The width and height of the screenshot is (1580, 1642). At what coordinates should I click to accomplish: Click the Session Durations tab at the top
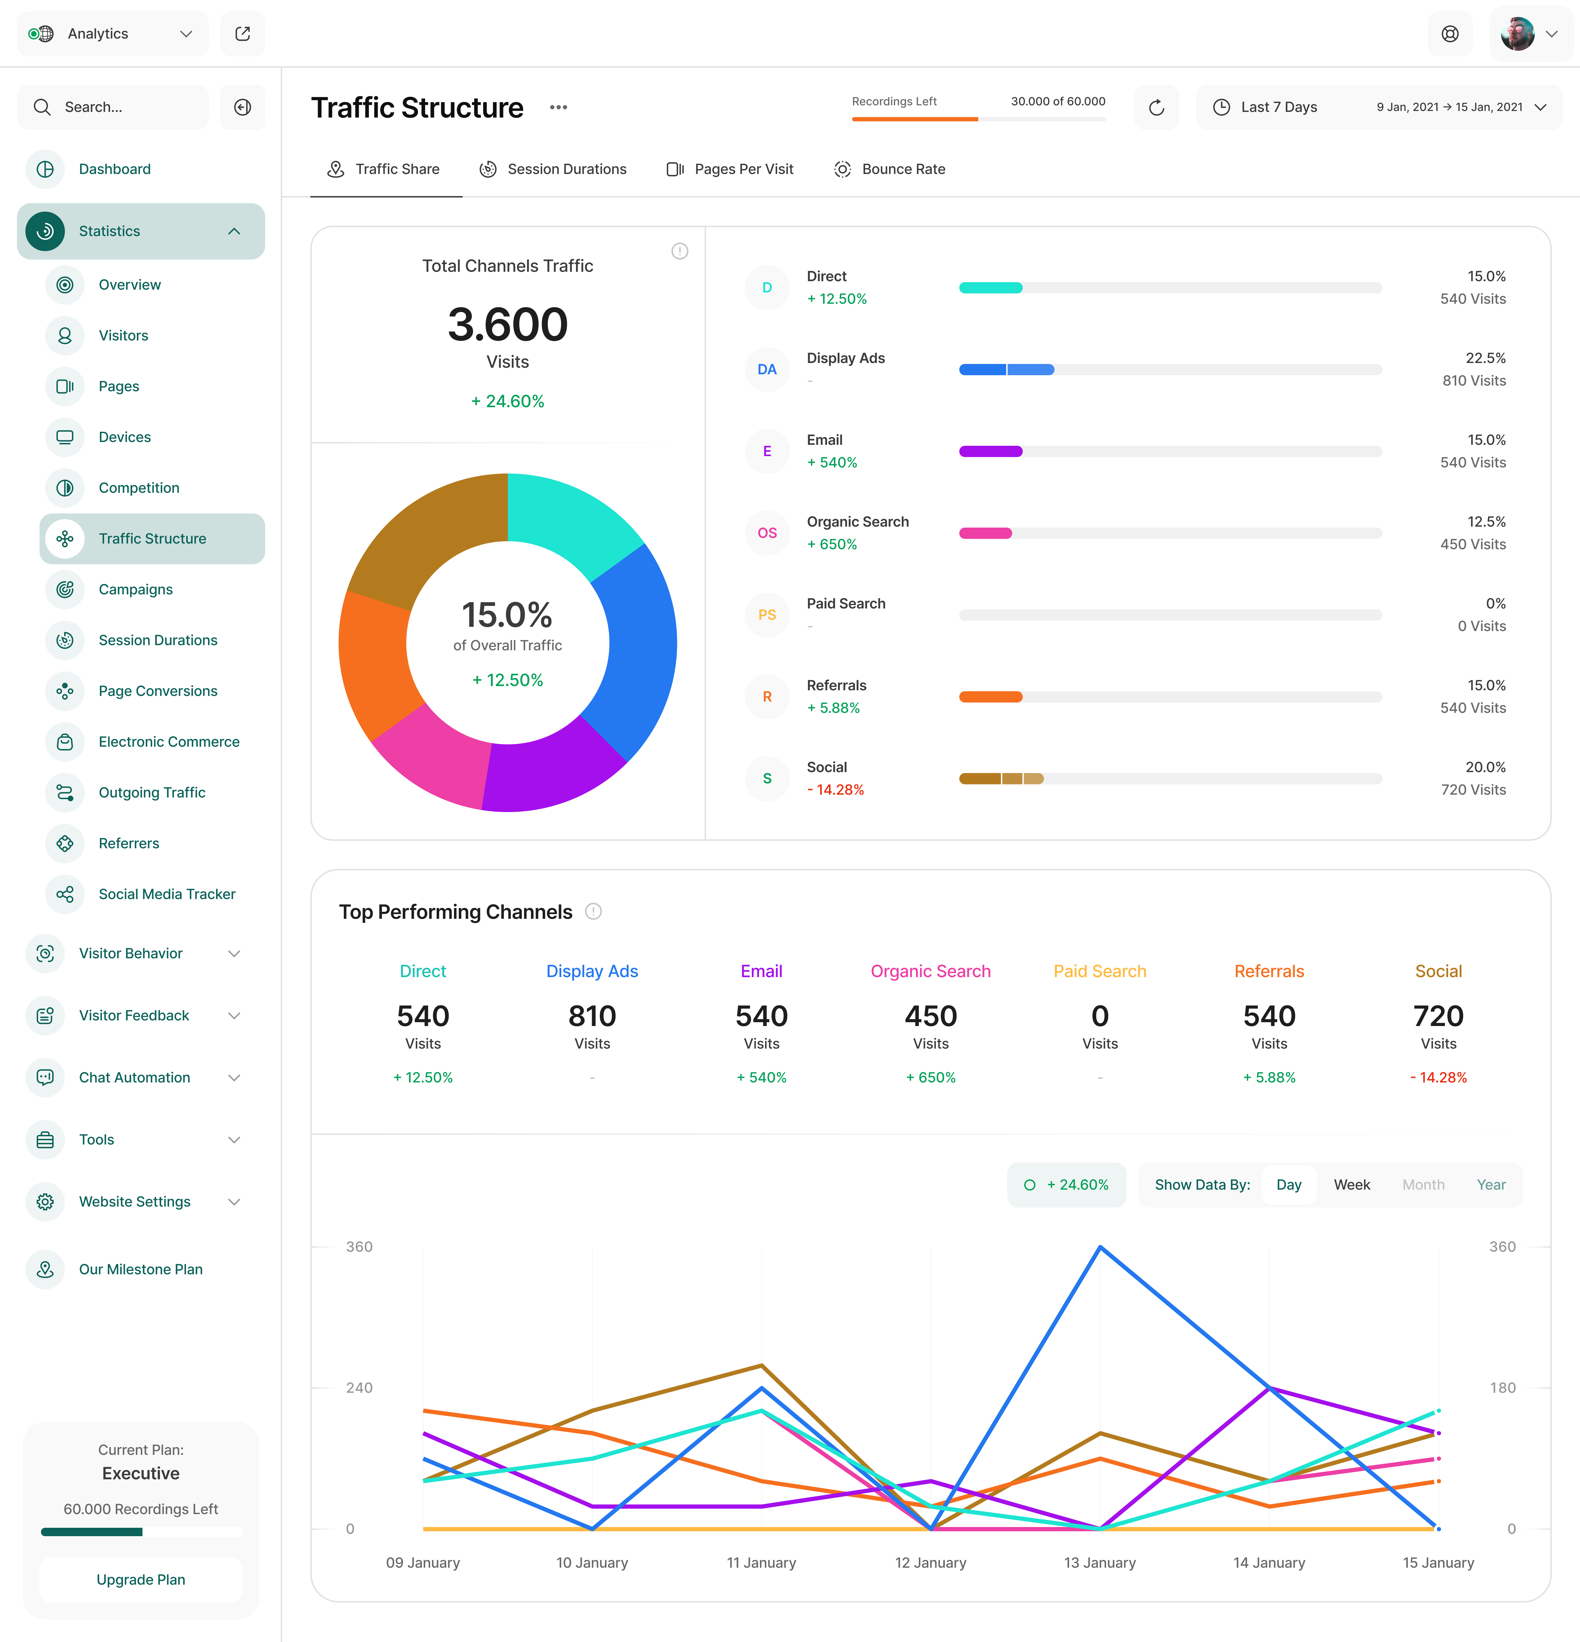coord(553,169)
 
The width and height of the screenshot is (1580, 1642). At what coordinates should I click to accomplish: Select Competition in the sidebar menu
coord(139,488)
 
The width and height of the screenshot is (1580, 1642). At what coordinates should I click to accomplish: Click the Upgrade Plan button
coord(141,1579)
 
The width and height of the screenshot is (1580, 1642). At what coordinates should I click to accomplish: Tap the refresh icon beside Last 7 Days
coord(1156,107)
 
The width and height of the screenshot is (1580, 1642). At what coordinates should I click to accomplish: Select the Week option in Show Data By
coord(1351,1184)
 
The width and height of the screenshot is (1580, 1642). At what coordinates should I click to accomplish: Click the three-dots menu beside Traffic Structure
coord(559,107)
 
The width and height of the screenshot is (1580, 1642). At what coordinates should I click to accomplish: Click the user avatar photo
coord(1517,34)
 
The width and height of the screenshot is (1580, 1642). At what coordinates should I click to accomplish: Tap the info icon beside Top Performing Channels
coord(593,912)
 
